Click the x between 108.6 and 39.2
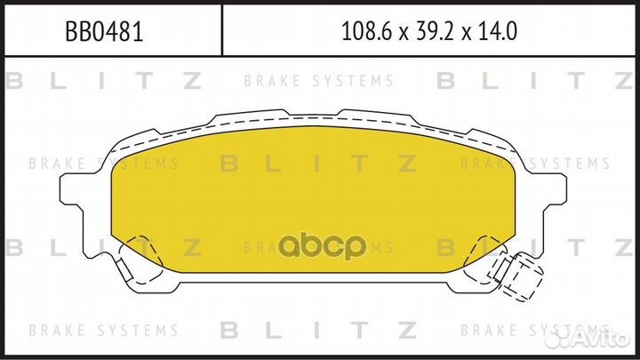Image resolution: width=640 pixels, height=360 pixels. pos(403,34)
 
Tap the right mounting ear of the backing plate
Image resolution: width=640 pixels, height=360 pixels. pos(550,191)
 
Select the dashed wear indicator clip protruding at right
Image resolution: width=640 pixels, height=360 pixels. pos(523,270)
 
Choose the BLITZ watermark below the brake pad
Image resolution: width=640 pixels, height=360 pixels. pos(320,330)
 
